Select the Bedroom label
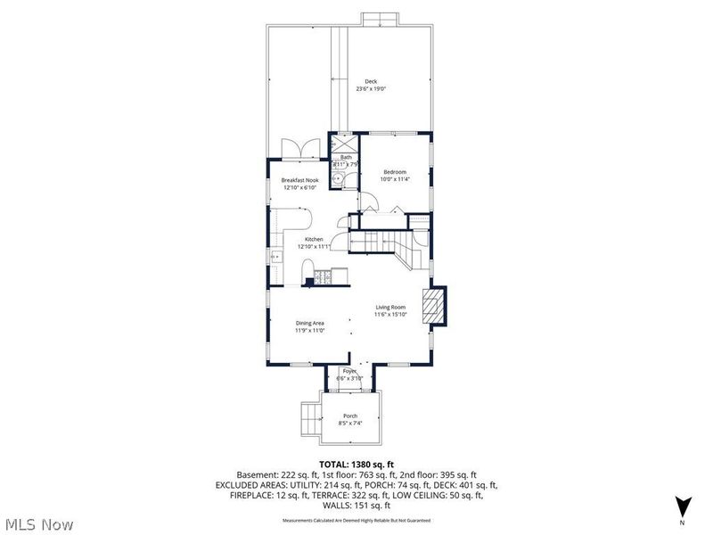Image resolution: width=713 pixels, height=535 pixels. (x=395, y=171)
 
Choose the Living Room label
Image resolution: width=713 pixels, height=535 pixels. (x=390, y=307)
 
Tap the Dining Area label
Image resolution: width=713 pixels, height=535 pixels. (x=309, y=323)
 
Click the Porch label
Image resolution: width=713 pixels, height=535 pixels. (x=350, y=416)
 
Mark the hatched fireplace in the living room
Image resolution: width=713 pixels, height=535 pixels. (x=433, y=303)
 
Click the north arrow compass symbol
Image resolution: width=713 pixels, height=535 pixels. (x=682, y=506)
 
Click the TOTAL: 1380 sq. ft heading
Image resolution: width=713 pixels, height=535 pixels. (x=356, y=464)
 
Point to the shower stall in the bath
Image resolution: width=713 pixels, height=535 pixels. (x=343, y=143)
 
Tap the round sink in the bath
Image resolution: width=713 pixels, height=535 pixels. (x=337, y=179)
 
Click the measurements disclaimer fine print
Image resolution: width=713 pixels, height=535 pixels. (x=356, y=519)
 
